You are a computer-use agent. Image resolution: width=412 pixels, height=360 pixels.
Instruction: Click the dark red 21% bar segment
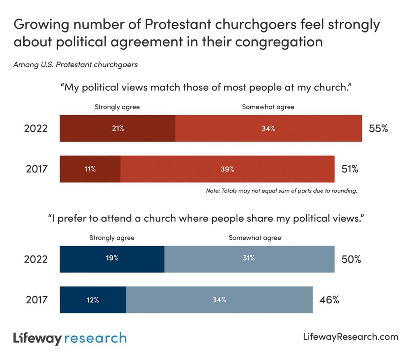click(x=117, y=128)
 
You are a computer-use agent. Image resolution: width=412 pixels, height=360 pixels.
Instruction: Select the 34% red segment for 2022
click(x=268, y=128)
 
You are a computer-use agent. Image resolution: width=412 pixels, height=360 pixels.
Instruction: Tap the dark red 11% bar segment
click(x=90, y=169)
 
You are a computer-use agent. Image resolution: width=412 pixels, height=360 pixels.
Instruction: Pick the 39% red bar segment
click(x=227, y=169)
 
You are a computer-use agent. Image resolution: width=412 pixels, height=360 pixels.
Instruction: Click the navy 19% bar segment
click(x=112, y=259)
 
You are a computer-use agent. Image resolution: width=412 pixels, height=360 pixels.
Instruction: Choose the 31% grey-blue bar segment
click(x=249, y=259)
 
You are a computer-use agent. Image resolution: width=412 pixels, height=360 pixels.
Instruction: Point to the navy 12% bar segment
click(x=93, y=300)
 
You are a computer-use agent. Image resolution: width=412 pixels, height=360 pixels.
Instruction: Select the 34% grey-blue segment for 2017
click(x=219, y=300)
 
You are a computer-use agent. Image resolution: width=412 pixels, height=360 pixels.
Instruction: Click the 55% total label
click(x=378, y=129)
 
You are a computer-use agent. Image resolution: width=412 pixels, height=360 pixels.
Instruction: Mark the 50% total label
click(x=351, y=259)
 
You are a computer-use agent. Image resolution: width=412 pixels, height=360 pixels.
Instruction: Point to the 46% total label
click(x=329, y=300)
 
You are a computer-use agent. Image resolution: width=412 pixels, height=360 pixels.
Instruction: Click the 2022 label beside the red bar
click(x=36, y=129)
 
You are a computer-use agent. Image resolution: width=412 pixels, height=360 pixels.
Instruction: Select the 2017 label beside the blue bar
click(x=37, y=300)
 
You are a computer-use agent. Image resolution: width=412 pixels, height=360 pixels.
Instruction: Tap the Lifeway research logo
click(x=70, y=337)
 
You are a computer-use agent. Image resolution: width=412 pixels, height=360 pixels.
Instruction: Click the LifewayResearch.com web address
click(x=350, y=337)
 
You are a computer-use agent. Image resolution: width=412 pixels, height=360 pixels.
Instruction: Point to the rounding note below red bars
click(x=282, y=191)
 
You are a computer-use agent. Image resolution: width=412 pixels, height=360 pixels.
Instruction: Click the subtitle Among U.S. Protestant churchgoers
click(x=76, y=65)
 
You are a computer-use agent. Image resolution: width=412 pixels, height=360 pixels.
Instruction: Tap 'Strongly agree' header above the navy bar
click(x=112, y=238)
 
